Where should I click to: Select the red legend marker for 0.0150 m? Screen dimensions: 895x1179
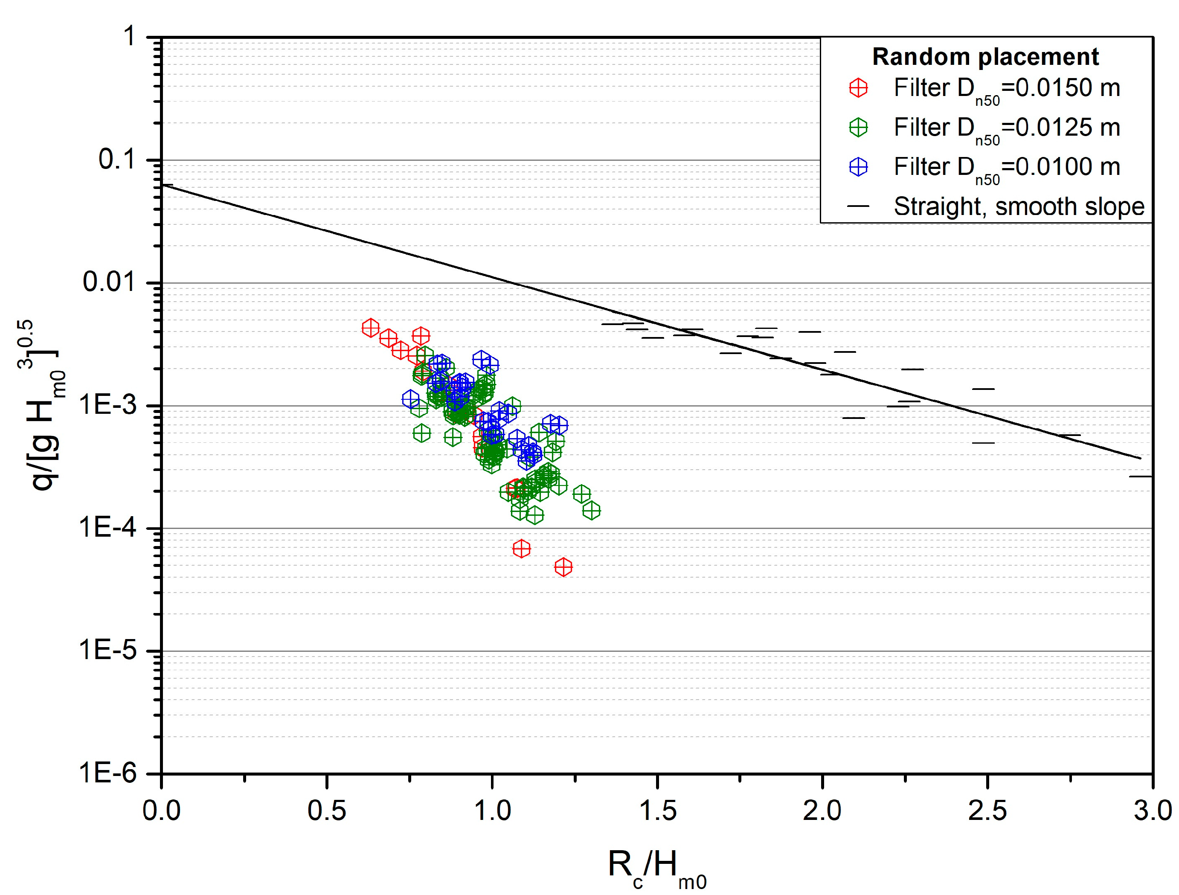point(858,88)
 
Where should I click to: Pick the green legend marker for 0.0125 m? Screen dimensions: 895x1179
point(858,128)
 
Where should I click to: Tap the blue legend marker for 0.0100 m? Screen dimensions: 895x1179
point(858,167)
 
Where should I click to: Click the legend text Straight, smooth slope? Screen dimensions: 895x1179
point(1019,206)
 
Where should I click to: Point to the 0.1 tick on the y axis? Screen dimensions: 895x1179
point(117,160)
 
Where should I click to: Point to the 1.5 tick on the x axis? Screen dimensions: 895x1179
point(657,811)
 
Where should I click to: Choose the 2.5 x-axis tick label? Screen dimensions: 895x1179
point(987,811)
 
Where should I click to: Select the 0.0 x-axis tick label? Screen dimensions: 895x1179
point(162,811)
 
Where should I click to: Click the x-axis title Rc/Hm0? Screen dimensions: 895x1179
point(656,866)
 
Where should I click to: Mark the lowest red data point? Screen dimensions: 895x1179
point(563,567)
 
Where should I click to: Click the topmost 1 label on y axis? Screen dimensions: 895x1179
point(130,37)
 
